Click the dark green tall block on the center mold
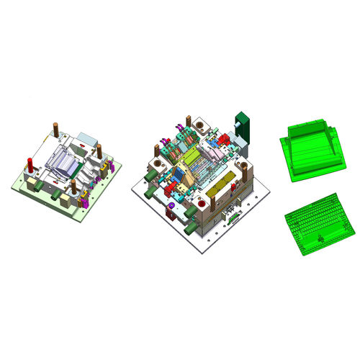[241, 125]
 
